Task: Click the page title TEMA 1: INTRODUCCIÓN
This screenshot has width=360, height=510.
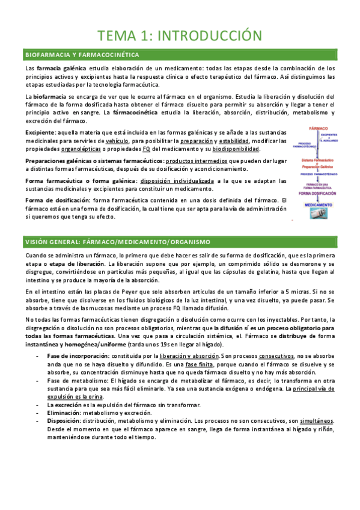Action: [180, 35]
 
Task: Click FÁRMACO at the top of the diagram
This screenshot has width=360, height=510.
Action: [319, 129]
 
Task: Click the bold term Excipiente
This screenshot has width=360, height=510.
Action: [40, 132]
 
